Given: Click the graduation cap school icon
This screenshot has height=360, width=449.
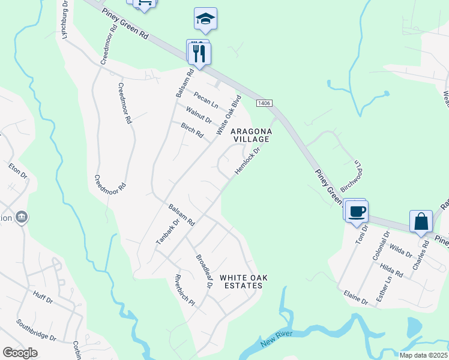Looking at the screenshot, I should point(205,19).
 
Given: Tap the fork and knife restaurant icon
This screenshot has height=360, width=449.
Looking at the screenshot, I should point(200,53).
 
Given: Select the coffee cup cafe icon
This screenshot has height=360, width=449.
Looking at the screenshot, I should point(357,211).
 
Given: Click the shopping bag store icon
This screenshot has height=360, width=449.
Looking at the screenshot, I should point(421,220).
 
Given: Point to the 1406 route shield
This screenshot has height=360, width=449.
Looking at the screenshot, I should point(264,104).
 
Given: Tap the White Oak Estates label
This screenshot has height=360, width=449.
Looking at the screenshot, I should point(241,281).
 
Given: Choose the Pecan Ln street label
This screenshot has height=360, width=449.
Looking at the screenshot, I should point(205,100).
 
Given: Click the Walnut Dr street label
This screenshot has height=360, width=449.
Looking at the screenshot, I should point(199,115).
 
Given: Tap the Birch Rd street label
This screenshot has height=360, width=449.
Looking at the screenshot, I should point(192,130).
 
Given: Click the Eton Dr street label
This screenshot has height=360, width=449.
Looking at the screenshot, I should point(19,171).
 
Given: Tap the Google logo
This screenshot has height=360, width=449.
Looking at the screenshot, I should point(20,353).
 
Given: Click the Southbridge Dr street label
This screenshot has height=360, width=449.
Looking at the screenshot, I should point(36,329).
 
